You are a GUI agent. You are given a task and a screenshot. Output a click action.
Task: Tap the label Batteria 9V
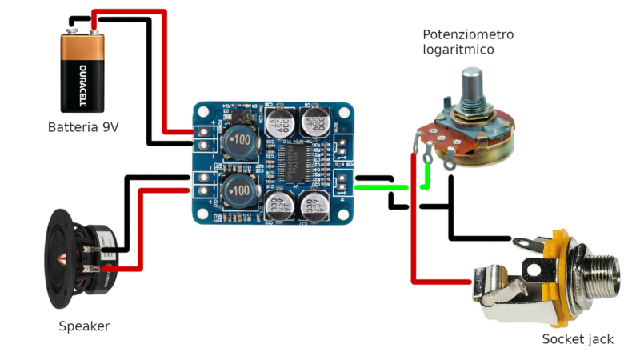(x=83, y=127)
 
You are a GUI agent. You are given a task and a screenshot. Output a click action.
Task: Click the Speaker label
(x=84, y=326)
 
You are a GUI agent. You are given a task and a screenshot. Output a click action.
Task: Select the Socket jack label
(x=578, y=339)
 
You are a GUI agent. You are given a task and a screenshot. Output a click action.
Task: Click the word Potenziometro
(x=468, y=35)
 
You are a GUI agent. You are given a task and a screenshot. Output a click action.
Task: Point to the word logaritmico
(x=458, y=50)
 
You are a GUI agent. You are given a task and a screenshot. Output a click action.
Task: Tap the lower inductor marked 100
(x=239, y=190)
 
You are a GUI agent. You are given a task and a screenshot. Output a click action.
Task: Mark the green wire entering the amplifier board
(x=376, y=188)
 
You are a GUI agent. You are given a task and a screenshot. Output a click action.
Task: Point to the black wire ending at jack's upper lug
(x=480, y=238)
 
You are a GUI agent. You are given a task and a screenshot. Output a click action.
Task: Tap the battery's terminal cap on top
(x=83, y=32)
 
